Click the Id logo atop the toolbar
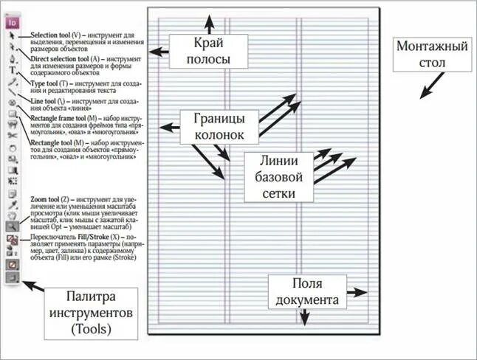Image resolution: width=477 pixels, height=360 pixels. (12, 21)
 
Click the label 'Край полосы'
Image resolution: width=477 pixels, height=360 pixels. (205, 49)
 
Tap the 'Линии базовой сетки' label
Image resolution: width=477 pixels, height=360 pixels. (274, 177)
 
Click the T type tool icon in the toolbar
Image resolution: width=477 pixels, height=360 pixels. (12, 70)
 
